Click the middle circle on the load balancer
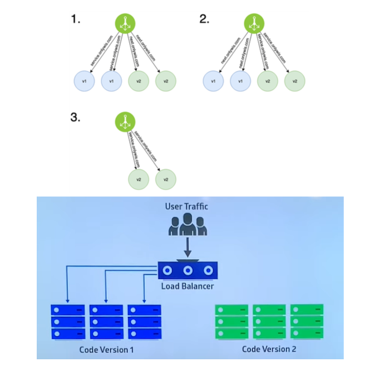[188, 270]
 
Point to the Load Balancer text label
[188, 287]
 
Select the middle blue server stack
[105, 322]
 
